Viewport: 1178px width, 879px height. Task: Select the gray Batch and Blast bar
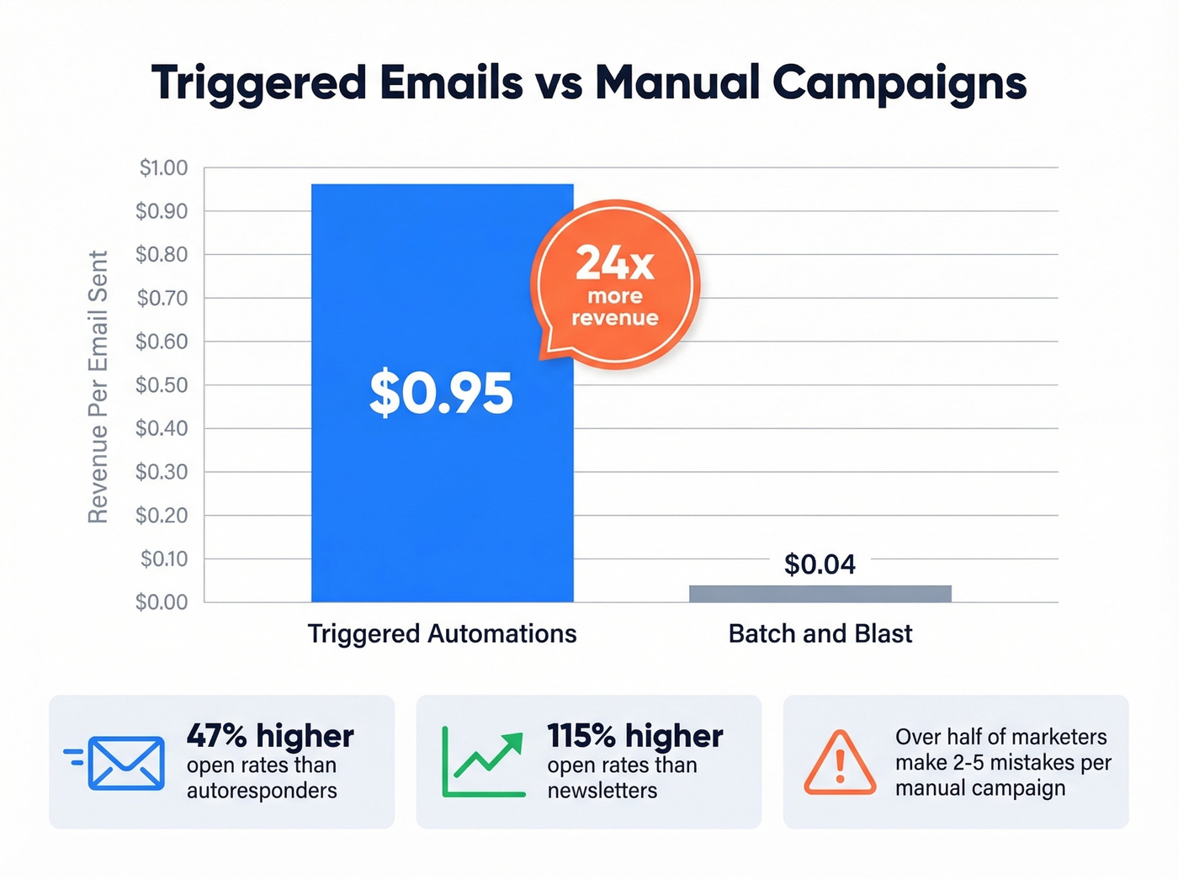tap(820, 594)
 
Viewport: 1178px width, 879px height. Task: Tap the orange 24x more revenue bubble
tap(615, 285)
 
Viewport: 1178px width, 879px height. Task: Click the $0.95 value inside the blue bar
tap(441, 394)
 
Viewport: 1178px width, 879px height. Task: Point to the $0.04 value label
tap(820, 564)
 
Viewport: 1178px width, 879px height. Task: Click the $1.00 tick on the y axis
tap(163, 168)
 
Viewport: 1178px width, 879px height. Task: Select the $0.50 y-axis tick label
tap(162, 385)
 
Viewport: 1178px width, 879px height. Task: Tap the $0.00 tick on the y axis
tap(162, 602)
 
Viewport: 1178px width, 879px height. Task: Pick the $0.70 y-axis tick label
tap(162, 299)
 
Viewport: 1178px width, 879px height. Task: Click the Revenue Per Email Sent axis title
tap(98, 387)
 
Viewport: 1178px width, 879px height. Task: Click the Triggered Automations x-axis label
tap(442, 633)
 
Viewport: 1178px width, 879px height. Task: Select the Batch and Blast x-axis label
tap(820, 633)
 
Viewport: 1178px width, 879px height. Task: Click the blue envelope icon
tap(125, 763)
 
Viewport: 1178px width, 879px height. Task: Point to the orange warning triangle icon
tap(839, 763)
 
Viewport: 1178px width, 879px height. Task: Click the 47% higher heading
tap(270, 736)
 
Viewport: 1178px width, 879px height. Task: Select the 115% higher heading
tap(634, 736)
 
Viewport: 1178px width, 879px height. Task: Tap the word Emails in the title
tap(450, 83)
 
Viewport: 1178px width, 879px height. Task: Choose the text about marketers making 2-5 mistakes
tap(1002, 762)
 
